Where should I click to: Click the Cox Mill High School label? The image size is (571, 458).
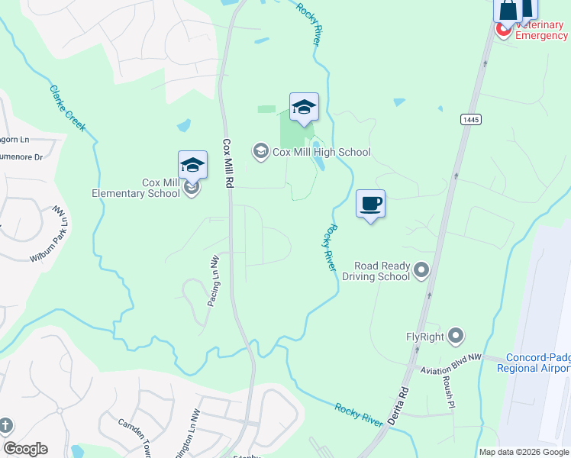pyautogui.click(x=322, y=152)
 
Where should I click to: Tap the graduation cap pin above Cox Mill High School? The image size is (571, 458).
pyautogui.click(x=304, y=108)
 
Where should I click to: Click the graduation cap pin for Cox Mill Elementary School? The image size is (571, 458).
pyautogui.click(x=192, y=165)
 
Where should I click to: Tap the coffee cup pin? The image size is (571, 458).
pyautogui.click(x=370, y=204)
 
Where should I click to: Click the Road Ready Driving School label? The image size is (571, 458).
pyautogui.click(x=381, y=271)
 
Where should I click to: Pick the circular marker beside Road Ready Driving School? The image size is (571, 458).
pyautogui.click(x=421, y=270)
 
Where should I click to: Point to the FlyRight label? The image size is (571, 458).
pyautogui.click(x=425, y=336)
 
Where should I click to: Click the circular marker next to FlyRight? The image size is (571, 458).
pyautogui.click(x=456, y=335)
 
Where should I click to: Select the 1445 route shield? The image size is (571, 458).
pyautogui.click(x=469, y=119)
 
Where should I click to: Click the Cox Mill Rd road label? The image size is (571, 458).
pyautogui.click(x=227, y=163)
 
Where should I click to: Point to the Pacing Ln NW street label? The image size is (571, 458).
pyautogui.click(x=213, y=281)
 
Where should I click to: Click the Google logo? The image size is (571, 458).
pyautogui.click(x=25, y=449)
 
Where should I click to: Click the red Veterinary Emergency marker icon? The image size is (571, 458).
pyautogui.click(x=504, y=30)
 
